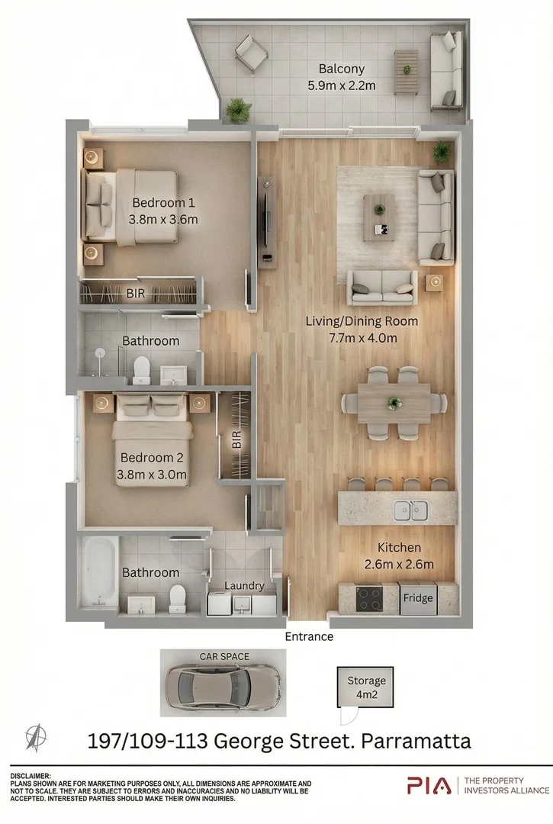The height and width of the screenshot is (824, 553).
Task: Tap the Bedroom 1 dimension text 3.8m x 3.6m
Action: click(164, 220)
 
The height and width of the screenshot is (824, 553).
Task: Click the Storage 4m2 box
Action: click(366, 687)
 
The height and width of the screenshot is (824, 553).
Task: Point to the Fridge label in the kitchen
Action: click(418, 598)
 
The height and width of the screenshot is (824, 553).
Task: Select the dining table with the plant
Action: click(394, 402)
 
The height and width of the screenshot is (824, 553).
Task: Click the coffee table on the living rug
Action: click(379, 215)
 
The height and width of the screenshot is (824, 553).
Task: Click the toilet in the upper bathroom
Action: click(142, 371)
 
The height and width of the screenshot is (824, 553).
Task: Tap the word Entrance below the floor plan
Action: click(309, 636)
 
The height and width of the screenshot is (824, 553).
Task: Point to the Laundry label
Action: click(244, 586)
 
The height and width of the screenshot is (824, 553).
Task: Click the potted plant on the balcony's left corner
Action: click(238, 109)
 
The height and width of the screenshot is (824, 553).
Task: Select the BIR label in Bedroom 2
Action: click(236, 441)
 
